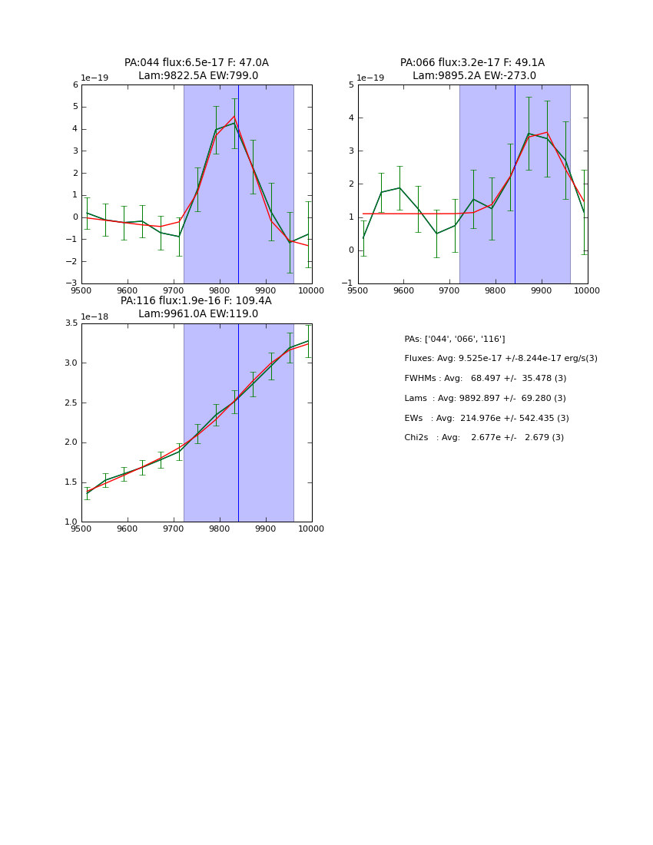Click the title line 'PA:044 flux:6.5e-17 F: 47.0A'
[x=197, y=63]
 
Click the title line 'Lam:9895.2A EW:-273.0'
[x=474, y=76]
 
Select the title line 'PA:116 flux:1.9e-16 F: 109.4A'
[x=196, y=301]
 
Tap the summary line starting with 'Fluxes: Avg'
[x=500, y=359]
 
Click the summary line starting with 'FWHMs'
[x=485, y=379]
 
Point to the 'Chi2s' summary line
[x=484, y=438]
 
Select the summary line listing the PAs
[x=454, y=339]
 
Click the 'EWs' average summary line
[x=486, y=419]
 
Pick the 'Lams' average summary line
[x=485, y=399]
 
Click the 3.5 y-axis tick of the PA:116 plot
[x=71, y=323]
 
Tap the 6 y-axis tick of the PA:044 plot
[x=75, y=84]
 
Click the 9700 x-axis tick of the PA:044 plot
[x=174, y=290]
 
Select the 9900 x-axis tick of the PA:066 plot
[x=542, y=290]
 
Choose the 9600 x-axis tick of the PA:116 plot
[x=128, y=528]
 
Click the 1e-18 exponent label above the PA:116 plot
[x=94, y=316]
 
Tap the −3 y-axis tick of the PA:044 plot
[x=72, y=283]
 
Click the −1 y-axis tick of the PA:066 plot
[x=349, y=283]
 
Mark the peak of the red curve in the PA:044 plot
[x=234, y=116]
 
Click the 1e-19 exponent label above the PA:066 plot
[x=371, y=78]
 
